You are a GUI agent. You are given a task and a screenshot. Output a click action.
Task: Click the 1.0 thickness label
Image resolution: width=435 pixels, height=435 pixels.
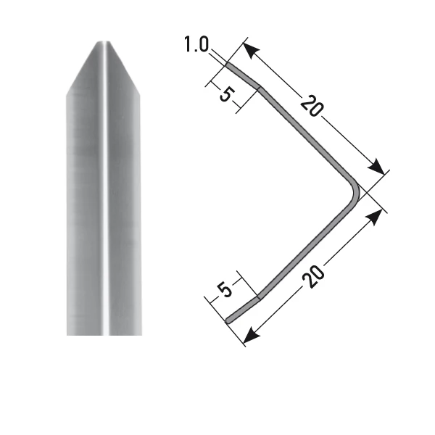coord(196,44)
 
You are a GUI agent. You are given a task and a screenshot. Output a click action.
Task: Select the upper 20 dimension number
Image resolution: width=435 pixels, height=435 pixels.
coord(312,106)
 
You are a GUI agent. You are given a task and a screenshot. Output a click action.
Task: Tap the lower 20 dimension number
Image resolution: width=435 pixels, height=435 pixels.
coord(313,277)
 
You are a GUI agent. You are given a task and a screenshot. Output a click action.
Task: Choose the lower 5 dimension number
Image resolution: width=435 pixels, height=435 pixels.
coord(225,290)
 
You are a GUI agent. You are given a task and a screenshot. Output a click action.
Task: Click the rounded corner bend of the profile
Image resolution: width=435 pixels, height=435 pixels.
coord(355,192)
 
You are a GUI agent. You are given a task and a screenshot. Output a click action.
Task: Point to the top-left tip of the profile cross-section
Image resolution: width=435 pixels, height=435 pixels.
coord(228,65)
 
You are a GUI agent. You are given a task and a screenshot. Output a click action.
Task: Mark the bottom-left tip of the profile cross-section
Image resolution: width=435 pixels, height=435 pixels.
coord(228,321)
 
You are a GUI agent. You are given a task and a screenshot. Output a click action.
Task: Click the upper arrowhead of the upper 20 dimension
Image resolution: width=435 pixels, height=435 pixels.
coord(251,50)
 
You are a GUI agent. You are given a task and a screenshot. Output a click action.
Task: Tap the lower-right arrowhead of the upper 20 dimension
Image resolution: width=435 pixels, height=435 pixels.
coord(377,167)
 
